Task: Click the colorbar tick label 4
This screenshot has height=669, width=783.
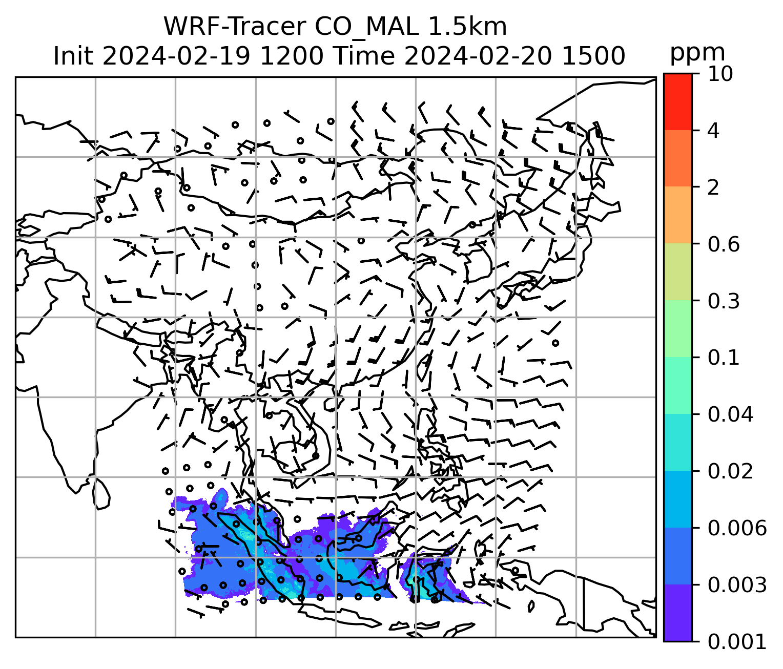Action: click(713, 131)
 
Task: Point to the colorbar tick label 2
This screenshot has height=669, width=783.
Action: click(713, 187)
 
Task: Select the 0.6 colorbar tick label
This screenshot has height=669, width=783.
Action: click(724, 244)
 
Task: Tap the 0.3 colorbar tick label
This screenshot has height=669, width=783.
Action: click(724, 301)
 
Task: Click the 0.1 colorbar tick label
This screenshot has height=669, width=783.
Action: click(724, 358)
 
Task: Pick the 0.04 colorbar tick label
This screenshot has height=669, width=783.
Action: click(730, 414)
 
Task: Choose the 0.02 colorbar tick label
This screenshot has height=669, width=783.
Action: click(730, 471)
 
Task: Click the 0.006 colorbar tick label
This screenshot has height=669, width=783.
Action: click(737, 528)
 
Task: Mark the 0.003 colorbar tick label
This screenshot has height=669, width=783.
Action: click(737, 584)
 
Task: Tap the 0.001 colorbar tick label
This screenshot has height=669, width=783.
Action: click(737, 641)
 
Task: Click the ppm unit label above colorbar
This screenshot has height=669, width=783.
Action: click(697, 53)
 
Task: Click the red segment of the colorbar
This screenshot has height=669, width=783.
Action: click(677, 101)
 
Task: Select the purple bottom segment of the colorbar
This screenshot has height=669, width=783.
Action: click(677, 613)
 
